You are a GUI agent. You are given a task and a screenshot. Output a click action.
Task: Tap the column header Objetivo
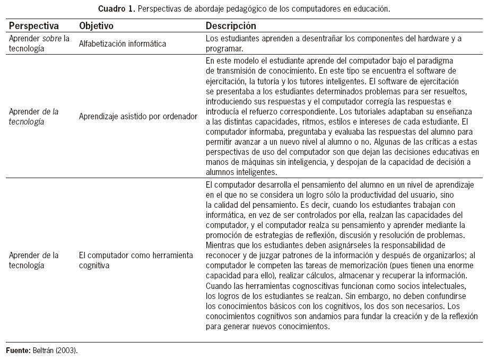click(96, 26)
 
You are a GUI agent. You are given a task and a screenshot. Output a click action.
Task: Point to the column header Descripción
click(231, 26)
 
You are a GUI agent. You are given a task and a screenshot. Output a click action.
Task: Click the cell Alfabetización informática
click(123, 43)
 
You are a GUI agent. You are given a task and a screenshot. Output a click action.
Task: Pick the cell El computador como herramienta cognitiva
click(135, 260)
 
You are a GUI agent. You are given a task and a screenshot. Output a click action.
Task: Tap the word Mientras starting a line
click(221, 245)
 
